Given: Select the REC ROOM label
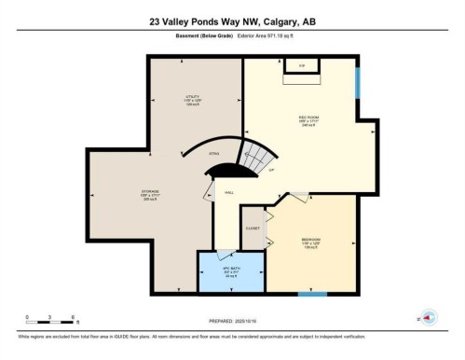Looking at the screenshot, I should click(x=297, y=120).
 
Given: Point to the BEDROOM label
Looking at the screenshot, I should click(x=310, y=242).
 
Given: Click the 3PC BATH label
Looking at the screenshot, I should click(x=230, y=271).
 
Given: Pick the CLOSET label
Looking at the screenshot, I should click(x=252, y=227).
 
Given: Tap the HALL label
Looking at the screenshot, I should click(x=227, y=193).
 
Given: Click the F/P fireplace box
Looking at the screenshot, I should click(x=302, y=65).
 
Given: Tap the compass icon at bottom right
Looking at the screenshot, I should click(x=427, y=318).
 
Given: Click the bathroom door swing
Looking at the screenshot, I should click(x=225, y=255).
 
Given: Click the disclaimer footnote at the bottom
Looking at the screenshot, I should click(x=232, y=335).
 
